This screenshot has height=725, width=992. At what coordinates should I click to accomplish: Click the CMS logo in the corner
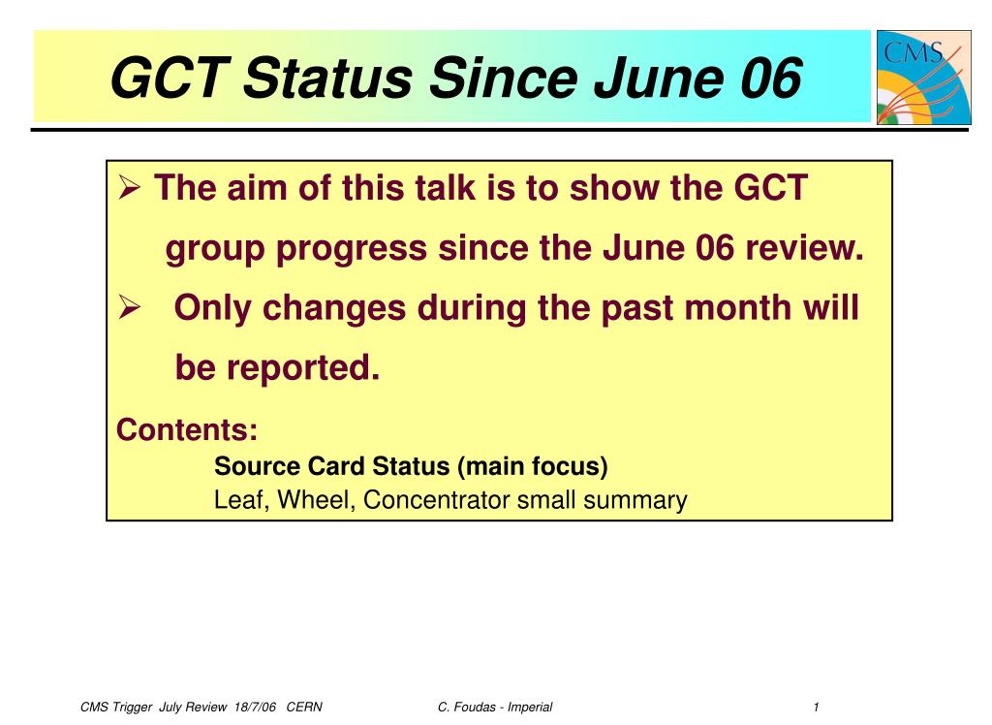coord(923,77)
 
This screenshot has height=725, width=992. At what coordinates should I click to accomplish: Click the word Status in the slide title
coord(327,78)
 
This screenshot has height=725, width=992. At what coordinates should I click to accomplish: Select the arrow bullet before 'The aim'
coord(129,188)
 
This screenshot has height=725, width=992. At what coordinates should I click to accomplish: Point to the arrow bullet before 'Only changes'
coord(129,308)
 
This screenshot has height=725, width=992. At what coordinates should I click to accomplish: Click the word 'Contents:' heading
coord(187,429)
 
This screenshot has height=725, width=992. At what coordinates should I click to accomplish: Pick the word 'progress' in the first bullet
coord(351,249)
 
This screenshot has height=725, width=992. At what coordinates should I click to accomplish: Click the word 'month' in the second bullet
coord(737,307)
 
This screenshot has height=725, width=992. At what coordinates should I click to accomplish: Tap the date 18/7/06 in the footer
coord(255,708)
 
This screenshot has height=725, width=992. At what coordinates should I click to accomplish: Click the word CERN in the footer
coord(304,708)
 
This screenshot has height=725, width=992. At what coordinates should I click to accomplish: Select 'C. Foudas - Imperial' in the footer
coord(495,708)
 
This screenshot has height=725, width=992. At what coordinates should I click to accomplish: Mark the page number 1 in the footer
coord(816,708)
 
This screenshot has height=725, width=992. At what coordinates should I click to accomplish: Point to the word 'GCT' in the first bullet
coord(770,187)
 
